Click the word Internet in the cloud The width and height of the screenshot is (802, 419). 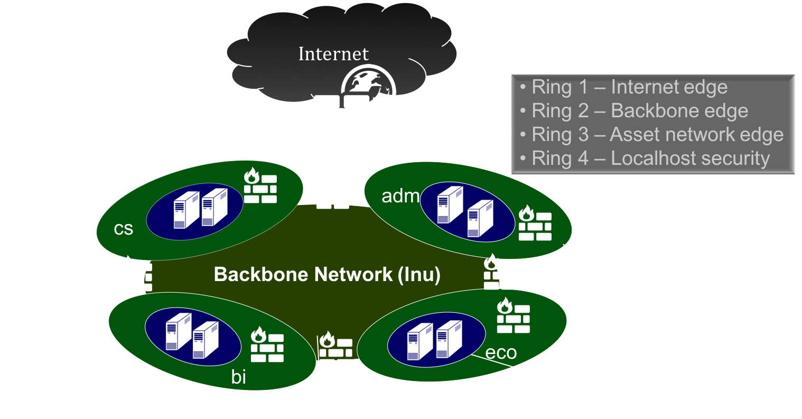333,54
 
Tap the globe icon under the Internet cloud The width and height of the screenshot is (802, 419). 368,87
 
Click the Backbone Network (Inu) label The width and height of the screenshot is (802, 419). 327,275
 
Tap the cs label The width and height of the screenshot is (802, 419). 124,229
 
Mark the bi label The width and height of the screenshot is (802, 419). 239,377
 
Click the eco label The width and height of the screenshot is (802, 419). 501,352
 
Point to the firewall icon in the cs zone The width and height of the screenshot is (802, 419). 260,186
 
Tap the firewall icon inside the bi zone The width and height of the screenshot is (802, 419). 267,345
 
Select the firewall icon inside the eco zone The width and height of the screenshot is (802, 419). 513,316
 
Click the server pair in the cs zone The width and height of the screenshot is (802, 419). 201,210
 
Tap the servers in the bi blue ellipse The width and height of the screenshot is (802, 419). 192,336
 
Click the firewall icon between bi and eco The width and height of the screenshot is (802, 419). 335,346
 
